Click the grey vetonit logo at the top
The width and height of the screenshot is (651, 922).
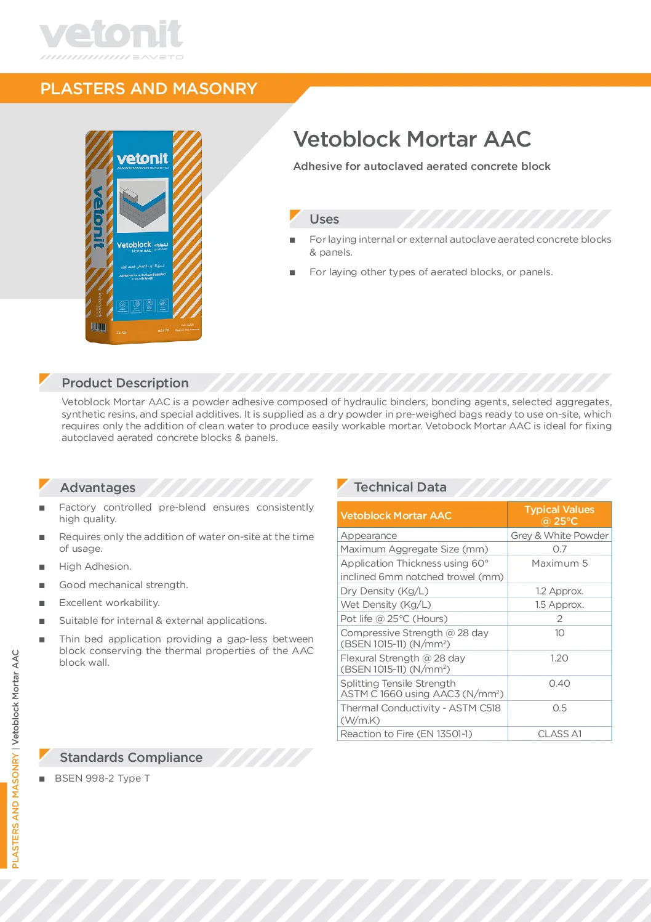(111, 36)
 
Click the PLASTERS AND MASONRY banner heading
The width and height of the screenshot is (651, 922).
(148, 89)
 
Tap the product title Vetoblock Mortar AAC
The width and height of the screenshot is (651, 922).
(412, 139)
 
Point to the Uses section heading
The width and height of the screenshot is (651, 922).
(324, 219)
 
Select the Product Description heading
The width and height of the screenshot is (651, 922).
(125, 383)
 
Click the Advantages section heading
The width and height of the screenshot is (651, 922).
(97, 488)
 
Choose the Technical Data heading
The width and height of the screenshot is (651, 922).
(400, 487)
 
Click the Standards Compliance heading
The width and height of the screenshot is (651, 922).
(130, 758)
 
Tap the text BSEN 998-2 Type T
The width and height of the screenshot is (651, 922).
(102, 778)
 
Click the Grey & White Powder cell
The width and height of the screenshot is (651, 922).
(559, 536)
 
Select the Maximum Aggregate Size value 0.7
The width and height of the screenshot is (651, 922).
(559, 549)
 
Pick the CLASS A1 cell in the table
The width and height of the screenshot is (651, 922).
(559, 734)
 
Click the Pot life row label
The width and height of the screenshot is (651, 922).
(394, 619)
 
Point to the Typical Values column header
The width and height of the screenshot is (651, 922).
(559, 515)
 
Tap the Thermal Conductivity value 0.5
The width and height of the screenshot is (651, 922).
(559, 708)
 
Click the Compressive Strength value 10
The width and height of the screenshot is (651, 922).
(559, 633)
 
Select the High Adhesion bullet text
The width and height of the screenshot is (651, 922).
(95, 567)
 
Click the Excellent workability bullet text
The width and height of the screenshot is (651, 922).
(110, 603)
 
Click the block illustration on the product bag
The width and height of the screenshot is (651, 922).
(143, 205)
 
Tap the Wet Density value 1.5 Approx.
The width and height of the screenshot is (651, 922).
(559, 605)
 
